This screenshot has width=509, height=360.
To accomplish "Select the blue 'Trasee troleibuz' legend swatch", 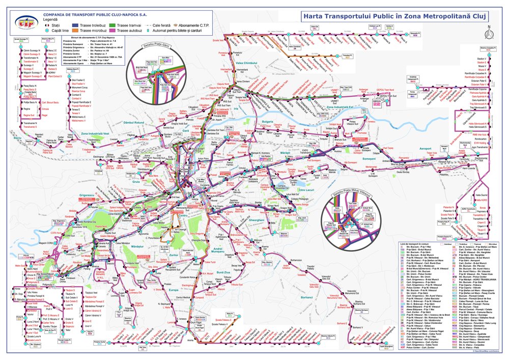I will pos(76,24).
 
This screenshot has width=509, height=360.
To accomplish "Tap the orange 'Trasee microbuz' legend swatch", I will pos(76,31).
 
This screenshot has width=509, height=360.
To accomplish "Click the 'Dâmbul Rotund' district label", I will pos(134,123).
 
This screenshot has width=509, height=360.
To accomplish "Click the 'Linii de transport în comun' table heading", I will pos(412,245).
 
